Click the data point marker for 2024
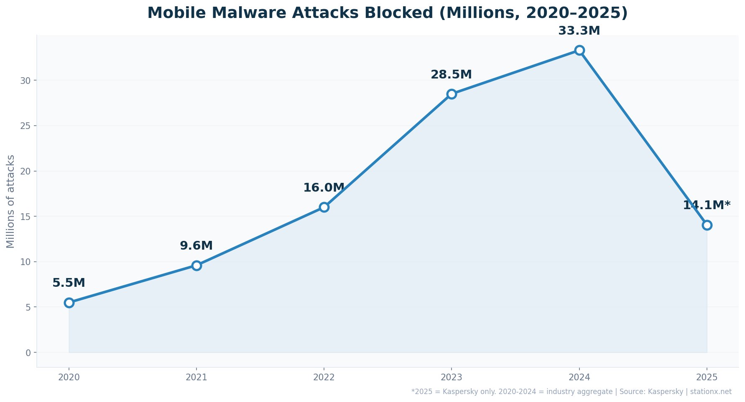pos(579,51)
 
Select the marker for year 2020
pos(69,303)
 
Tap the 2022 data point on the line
pos(324,207)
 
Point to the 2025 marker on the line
pos(707,225)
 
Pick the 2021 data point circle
pos(196,265)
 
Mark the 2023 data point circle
pos(452,94)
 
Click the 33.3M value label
pos(579,31)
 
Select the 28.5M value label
pos(451,75)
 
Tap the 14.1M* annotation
pos(707,205)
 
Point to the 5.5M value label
pos(69,283)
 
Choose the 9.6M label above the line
pos(196,246)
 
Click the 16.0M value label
pos(324,188)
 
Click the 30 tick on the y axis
pos(26,81)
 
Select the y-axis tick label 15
pos(26,217)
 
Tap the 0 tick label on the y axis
pos(28,353)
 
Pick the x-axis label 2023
pos(452,377)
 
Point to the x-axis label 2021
pos(196,377)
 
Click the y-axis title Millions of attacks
pos(11,201)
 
